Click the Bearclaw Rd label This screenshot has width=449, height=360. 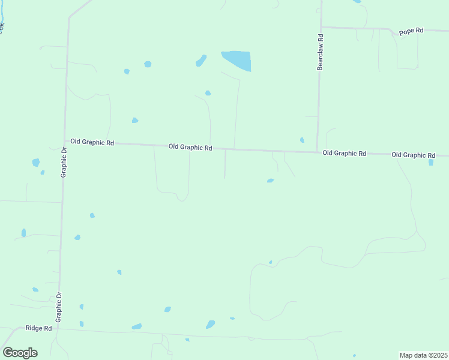321,52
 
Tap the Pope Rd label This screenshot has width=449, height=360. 411,31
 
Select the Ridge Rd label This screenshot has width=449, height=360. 38,329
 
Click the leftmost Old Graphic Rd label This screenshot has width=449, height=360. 92,142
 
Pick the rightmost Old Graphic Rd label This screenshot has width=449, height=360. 413,155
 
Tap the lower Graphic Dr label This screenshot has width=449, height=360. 59,307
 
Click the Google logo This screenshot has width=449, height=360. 20,352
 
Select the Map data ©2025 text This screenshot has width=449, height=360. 424,355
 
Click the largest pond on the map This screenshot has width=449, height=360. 237,60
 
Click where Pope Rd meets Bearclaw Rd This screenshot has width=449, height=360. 321,27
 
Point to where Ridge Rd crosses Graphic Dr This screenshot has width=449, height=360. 58,328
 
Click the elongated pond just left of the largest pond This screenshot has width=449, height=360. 201,61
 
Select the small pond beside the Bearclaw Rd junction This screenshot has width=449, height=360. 302,140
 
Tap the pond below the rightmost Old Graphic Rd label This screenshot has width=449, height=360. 431,162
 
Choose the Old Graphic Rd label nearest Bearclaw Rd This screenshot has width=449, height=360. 344,153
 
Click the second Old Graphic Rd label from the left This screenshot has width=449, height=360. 190,147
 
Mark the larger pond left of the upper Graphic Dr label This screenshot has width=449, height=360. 36,163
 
